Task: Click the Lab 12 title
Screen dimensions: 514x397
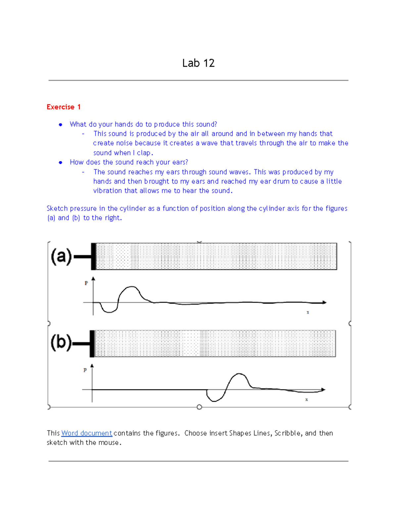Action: [x=198, y=63]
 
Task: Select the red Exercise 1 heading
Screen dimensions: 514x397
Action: [x=64, y=107]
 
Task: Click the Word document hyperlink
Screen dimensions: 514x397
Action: [x=87, y=433]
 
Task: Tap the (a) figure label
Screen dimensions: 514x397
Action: [x=61, y=257]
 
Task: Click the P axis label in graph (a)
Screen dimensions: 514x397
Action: [x=86, y=283]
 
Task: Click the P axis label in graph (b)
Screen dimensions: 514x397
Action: [x=85, y=370]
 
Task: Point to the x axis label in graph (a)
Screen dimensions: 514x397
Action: [x=308, y=312]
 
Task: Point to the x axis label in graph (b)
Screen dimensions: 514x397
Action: [x=306, y=399]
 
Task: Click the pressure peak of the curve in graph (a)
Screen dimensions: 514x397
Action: [x=132, y=287]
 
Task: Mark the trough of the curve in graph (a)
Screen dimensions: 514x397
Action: [x=109, y=312]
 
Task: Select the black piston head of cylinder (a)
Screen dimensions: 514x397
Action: [x=94, y=257]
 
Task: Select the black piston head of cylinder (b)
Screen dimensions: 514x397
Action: [x=92, y=344]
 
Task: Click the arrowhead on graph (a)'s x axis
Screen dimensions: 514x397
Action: [x=324, y=302]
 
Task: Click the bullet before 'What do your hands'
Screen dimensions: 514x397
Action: [x=61, y=124]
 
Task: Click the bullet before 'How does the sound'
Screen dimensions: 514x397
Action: [x=61, y=163]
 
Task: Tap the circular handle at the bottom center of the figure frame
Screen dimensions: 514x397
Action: [x=199, y=407]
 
